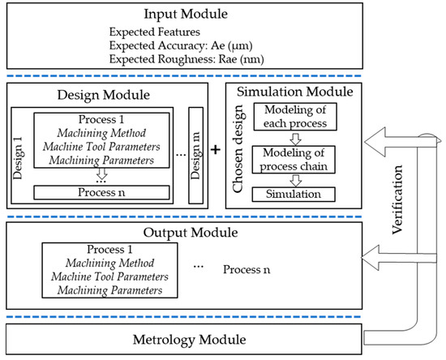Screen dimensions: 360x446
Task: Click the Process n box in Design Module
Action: pyautogui.click(x=101, y=192)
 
